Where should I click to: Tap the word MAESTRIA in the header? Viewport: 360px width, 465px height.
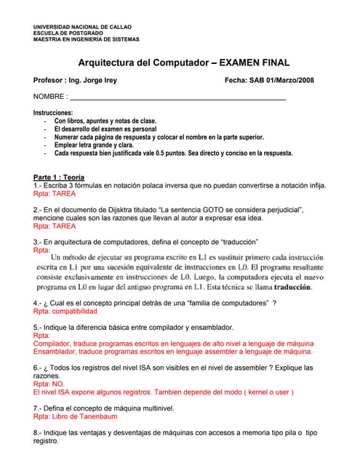pos(48,39)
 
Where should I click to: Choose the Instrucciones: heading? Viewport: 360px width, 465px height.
pos(53,113)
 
